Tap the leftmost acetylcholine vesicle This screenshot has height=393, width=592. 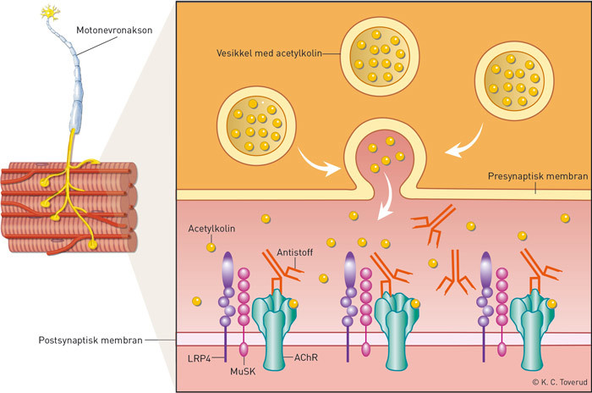click(x=254, y=124)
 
